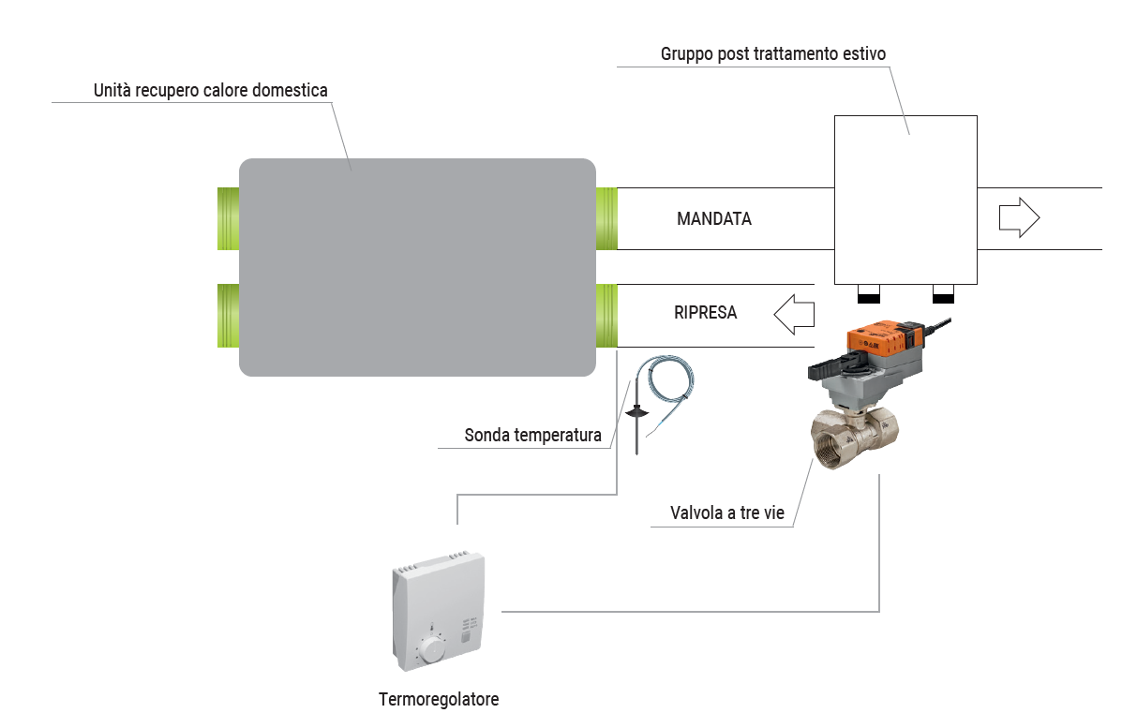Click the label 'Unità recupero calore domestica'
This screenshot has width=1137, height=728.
tap(211, 91)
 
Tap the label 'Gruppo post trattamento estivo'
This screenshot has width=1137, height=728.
tap(772, 54)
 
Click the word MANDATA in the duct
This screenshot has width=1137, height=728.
tap(714, 219)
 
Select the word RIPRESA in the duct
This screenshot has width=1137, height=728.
tap(705, 313)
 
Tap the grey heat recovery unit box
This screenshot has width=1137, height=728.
tap(417, 267)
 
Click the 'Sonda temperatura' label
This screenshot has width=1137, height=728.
tap(532, 436)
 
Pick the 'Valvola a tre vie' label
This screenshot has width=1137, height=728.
tap(726, 513)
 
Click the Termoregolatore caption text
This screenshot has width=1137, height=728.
tap(439, 700)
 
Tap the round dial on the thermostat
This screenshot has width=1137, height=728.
tap(431, 648)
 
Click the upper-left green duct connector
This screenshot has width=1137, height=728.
tap(228, 218)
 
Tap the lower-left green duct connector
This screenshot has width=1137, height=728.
tap(228, 315)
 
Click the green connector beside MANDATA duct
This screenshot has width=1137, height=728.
tap(606, 218)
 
